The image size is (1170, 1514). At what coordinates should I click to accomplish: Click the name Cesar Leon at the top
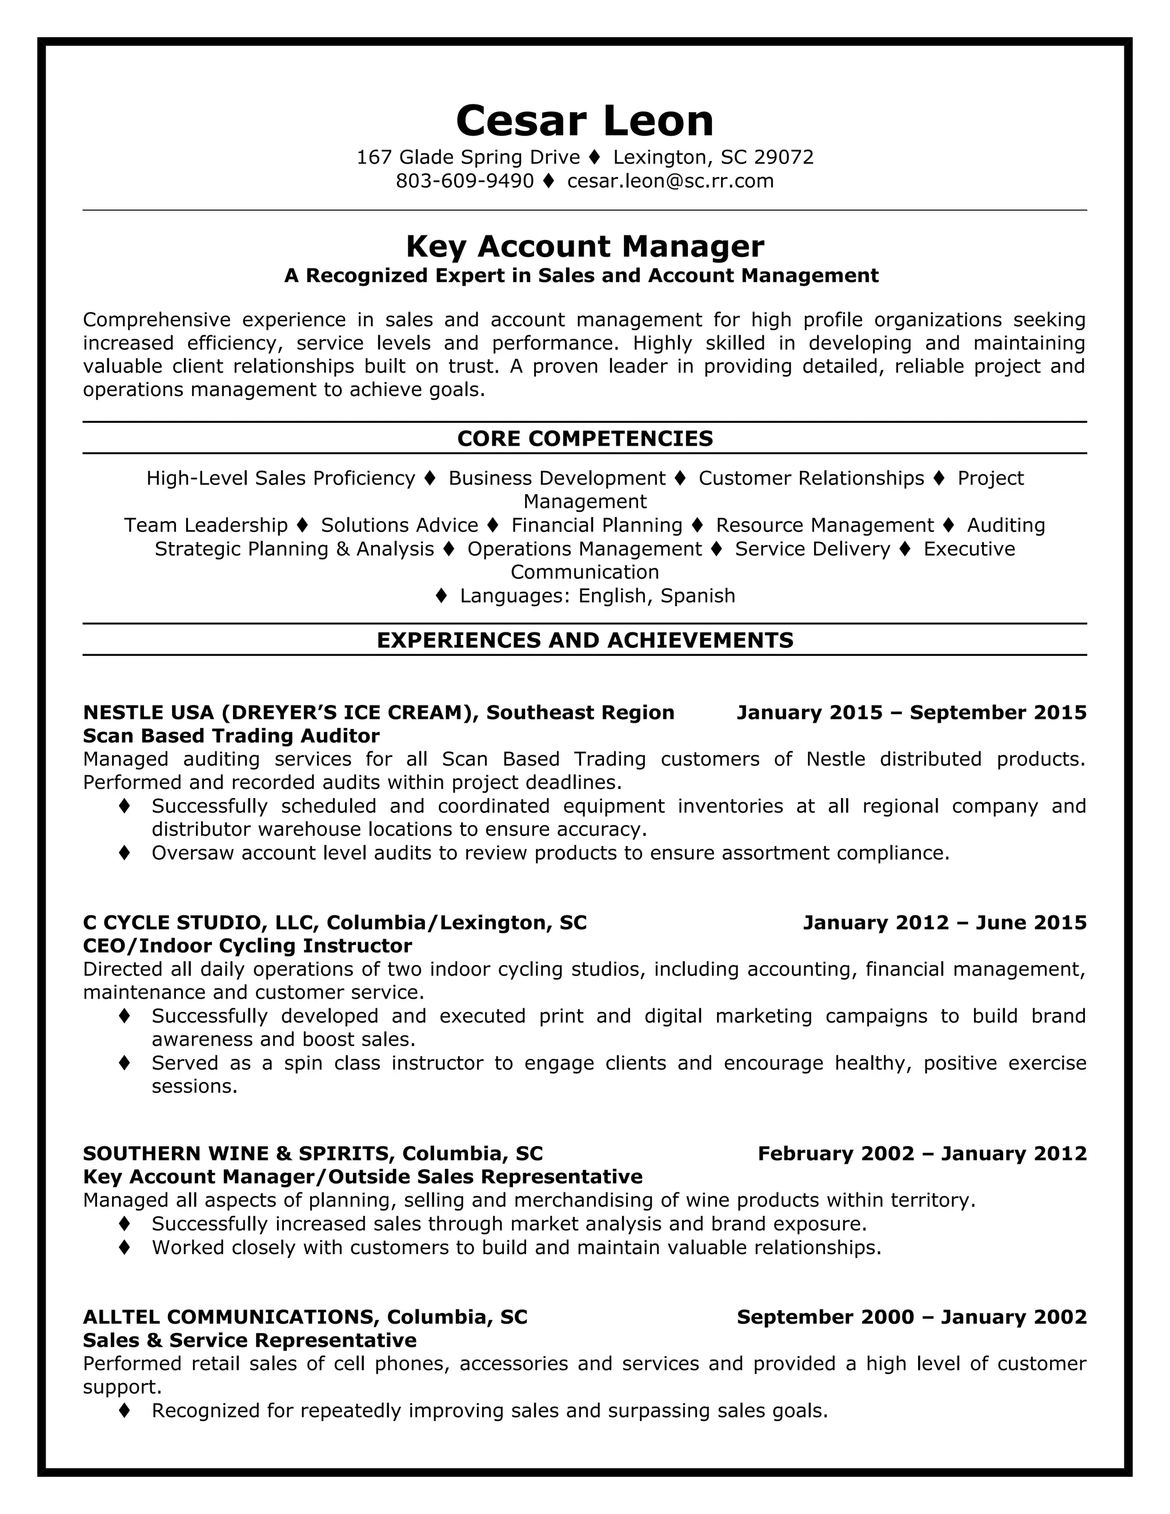[584, 121]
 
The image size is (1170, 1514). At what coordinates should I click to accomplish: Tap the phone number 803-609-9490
[464, 181]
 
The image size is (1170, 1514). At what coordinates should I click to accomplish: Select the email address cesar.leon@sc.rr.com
[670, 181]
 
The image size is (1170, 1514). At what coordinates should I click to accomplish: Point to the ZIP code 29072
[783, 157]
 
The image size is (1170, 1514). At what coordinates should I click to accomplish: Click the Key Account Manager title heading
[584, 246]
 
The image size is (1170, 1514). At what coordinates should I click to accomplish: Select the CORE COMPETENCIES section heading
[584, 438]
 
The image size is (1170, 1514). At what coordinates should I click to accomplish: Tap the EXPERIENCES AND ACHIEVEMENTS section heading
[584, 640]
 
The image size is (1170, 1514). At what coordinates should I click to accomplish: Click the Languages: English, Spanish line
[597, 595]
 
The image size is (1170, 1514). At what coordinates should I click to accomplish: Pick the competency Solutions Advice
[399, 525]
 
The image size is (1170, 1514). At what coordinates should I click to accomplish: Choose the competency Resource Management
[824, 525]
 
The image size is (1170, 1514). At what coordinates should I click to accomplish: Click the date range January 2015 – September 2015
[911, 712]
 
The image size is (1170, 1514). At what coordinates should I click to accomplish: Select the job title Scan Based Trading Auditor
[231, 735]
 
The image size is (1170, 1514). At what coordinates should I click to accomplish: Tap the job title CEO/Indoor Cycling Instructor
[247, 946]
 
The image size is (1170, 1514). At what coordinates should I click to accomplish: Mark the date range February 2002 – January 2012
[922, 1153]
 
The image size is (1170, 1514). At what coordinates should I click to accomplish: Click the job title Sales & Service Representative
[250, 1340]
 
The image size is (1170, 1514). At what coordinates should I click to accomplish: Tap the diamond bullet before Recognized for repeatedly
[125, 1410]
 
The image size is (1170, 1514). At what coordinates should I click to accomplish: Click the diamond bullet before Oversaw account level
[125, 852]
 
